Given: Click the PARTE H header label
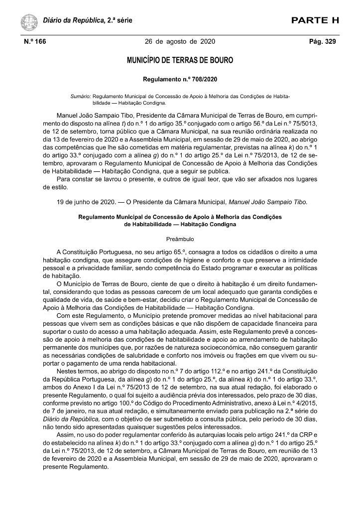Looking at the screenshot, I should click(315, 20).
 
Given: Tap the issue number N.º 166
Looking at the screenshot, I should click(34, 42).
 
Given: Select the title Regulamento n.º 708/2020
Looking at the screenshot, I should click(180, 79).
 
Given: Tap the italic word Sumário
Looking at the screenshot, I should click(81, 95).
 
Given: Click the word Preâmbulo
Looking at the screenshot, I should click(180, 239).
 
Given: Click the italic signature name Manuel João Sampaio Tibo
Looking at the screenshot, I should click(268, 202).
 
